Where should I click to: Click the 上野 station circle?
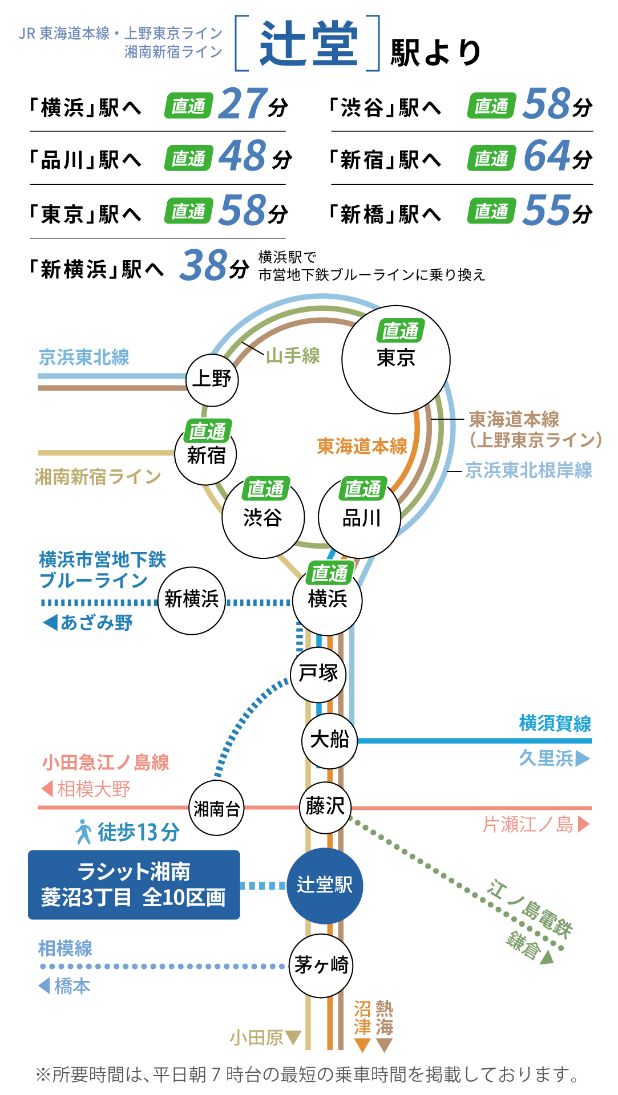click(212, 379)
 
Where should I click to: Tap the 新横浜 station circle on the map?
click(192, 600)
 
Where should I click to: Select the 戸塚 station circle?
click(318, 674)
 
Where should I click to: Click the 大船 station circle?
click(329, 740)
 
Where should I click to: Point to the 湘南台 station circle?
click(216, 808)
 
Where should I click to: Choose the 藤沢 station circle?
click(325, 807)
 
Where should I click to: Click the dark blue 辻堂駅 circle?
click(325, 885)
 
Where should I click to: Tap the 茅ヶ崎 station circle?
click(321, 965)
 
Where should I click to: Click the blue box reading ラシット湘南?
click(134, 885)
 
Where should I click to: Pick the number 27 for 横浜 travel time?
click(243, 104)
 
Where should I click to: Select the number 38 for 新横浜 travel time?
click(203, 266)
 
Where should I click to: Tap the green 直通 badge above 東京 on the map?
click(400, 330)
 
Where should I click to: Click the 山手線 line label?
click(293, 356)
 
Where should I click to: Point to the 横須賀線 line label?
click(555, 724)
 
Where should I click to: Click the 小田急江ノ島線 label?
click(106, 763)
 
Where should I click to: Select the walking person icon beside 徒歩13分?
click(84, 832)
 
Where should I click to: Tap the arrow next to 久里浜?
click(583, 759)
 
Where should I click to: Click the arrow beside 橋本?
click(44, 985)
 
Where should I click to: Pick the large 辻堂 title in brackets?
click(308, 43)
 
